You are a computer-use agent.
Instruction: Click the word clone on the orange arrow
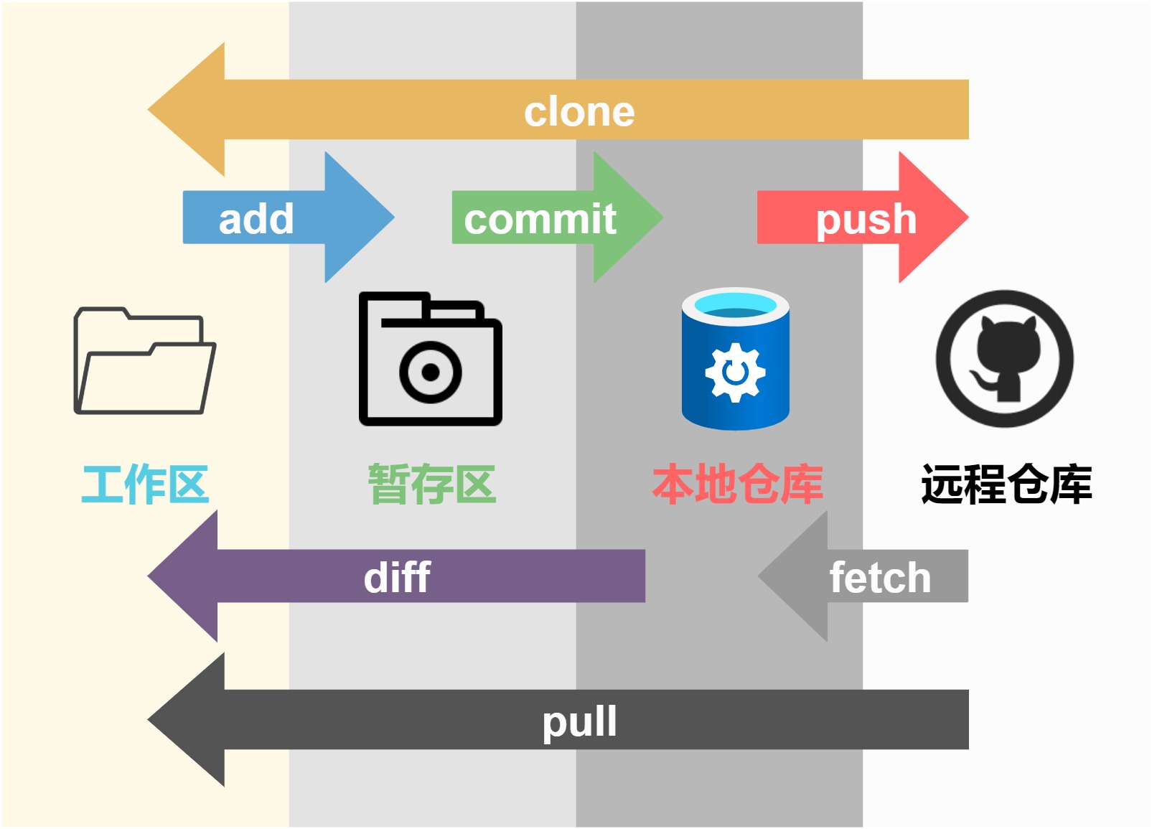(579, 112)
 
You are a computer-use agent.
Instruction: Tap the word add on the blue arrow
(256, 219)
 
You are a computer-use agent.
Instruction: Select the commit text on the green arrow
(540, 219)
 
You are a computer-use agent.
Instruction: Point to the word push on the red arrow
(866, 219)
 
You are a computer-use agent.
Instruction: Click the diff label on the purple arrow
(397, 578)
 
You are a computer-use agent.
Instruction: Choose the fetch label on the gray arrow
(880, 578)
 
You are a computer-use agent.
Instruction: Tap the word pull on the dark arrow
(579, 721)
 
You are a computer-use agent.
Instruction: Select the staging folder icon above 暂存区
(430, 359)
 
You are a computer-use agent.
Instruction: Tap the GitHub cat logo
(1004, 358)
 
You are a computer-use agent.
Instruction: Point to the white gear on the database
(735, 372)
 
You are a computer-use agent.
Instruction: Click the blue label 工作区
(145, 484)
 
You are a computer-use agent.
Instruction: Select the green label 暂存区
(432, 484)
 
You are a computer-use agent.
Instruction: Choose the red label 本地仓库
(737, 484)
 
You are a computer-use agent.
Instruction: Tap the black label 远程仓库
(1006, 484)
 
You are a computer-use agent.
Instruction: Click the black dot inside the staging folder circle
(431, 372)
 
